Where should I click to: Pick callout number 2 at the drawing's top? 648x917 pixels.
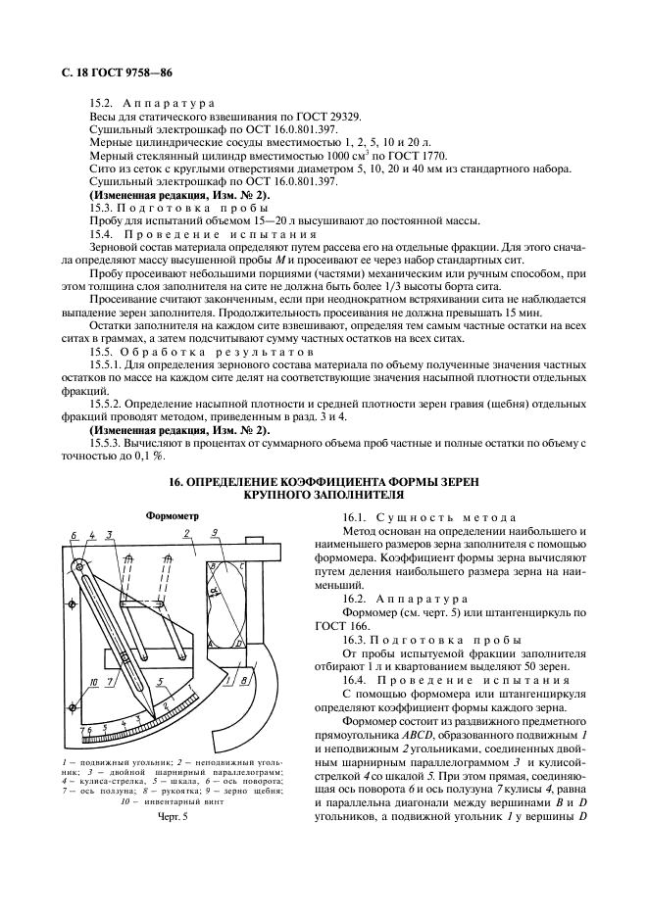coord(185,535)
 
